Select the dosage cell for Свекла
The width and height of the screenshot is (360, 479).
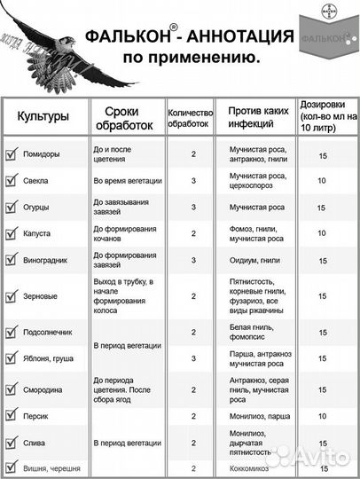click(322, 180)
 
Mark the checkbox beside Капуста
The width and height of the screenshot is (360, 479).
click(12, 234)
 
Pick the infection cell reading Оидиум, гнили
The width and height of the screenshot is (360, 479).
click(257, 261)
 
